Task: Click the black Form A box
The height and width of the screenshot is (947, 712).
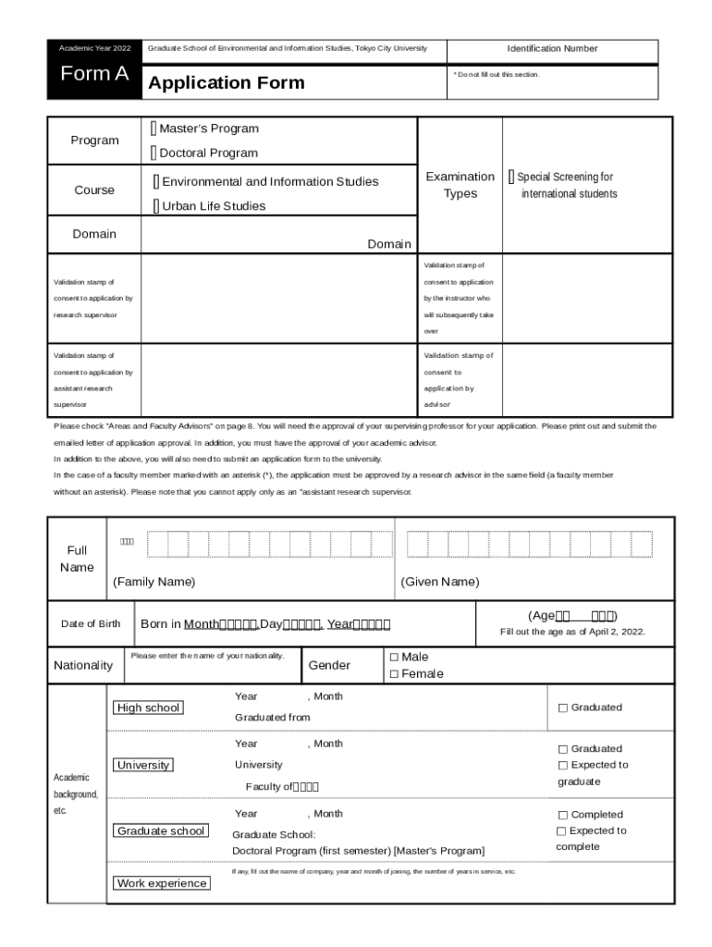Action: tap(94, 75)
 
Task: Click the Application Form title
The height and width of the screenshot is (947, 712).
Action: tap(226, 83)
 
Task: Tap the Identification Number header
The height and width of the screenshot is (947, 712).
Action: tap(552, 49)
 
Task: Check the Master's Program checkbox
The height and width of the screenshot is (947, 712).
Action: tap(154, 129)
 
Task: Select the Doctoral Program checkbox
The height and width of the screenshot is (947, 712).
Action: tap(154, 153)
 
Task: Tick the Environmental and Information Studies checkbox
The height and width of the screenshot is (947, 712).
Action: tap(156, 181)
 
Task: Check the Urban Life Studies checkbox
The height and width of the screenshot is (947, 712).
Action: tap(156, 206)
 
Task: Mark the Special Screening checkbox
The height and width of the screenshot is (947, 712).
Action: tap(510, 177)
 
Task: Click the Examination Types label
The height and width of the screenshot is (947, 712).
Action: tap(460, 185)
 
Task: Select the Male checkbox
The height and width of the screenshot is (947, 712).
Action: tap(393, 658)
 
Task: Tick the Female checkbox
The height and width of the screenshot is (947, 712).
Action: tap(393, 674)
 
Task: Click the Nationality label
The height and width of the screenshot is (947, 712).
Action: tap(83, 666)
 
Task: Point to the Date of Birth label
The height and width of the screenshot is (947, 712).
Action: tap(91, 624)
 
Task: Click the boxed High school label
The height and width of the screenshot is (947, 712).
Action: tap(148, 708)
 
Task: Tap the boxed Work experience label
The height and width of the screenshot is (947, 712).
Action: tap(162, 883)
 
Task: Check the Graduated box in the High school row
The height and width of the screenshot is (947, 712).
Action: tap(562, 708)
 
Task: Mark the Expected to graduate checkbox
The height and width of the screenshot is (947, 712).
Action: tap(562, 766)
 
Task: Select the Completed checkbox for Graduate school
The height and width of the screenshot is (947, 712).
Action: tap(562, 815)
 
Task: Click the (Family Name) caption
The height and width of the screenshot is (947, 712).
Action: tap(154, 582)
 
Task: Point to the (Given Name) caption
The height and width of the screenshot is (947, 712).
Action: tap(440, 582)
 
